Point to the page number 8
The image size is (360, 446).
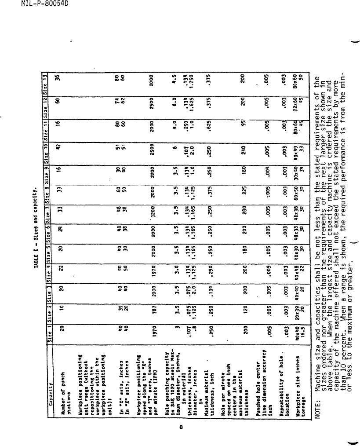(180, 427)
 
